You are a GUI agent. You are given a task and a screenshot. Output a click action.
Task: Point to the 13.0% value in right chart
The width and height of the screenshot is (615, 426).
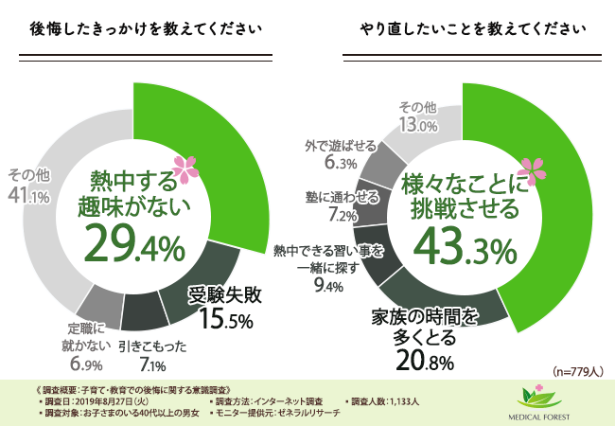point(417,124)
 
